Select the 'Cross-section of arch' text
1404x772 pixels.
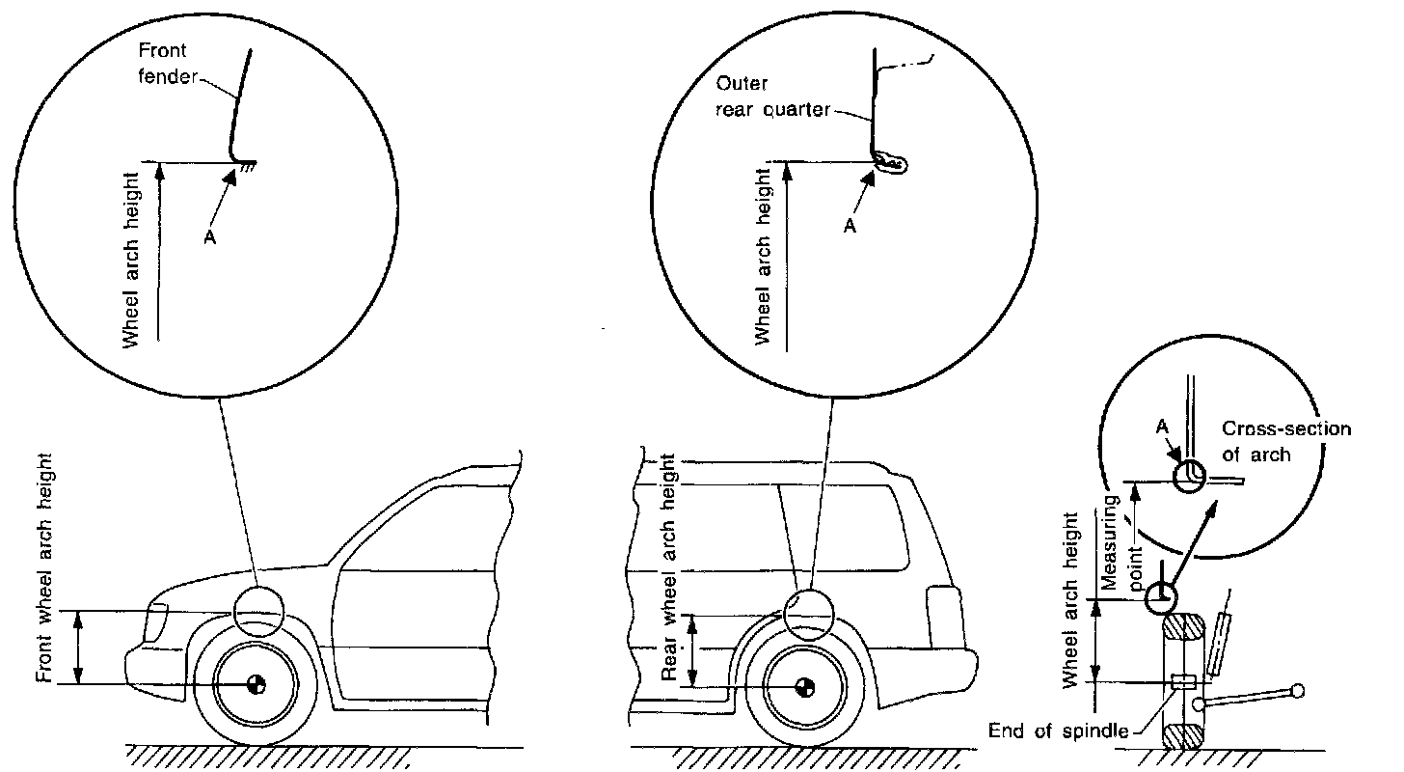[1285, 441]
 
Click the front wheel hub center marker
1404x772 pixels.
[256, 684]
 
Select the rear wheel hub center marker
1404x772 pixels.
[803, 687]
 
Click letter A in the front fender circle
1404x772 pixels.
[210, 236]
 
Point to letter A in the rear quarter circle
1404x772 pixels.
[850, 226]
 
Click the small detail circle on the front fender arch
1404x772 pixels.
[258, 611]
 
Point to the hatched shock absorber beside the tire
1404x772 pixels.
[1218, 644]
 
